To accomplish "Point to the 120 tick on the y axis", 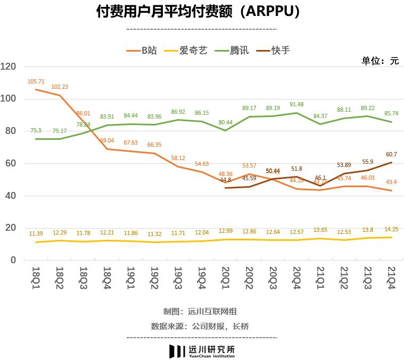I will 10,67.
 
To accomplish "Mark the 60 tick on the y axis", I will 12,164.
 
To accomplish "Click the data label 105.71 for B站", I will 36,81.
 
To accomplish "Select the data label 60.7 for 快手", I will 391,154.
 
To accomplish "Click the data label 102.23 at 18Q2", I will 60,87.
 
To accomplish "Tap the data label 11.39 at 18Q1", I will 36,233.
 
